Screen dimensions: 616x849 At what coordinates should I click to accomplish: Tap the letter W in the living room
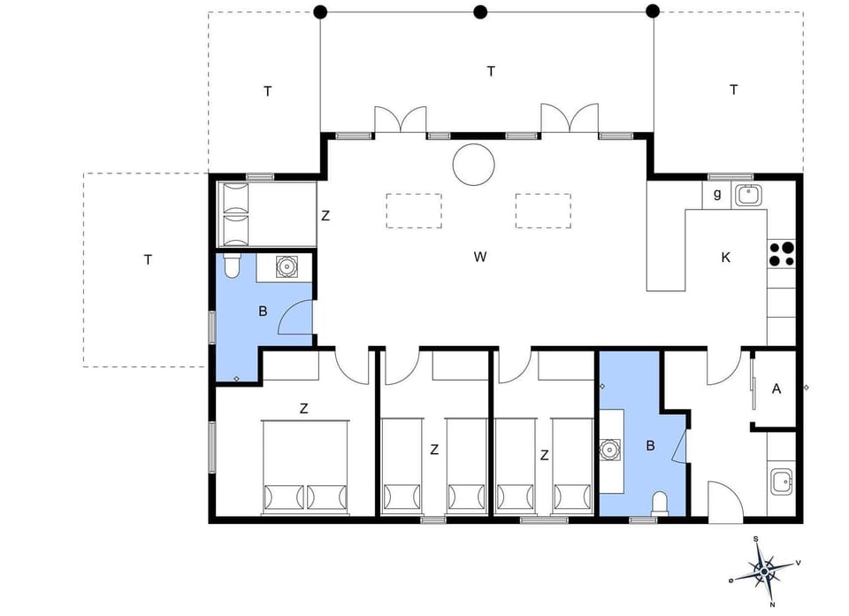[x=480, y=258]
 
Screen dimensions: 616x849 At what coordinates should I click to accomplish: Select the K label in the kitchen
[x=725, y=258]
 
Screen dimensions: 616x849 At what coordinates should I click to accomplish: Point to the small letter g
[x=717, y=193]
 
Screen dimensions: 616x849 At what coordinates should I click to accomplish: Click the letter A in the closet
[x=776, y=388]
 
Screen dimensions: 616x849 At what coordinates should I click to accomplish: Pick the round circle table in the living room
[x=473, y=165]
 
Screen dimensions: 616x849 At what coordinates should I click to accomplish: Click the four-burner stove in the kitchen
[x=781, y=254]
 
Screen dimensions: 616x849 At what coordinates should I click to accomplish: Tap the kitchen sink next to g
[x=749, y=195]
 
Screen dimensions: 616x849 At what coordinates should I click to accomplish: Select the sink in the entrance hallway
[x=781, y=482]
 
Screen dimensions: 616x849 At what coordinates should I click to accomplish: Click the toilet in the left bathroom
[x=232, y=266]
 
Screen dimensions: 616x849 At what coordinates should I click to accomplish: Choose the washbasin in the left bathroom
[x=287, y=266]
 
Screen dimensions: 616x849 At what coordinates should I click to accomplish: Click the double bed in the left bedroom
[x=305, y=467]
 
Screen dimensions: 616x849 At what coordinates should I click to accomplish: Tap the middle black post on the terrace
[x=480, y=12]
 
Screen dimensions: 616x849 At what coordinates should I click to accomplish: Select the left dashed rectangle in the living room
[x=414, y=211]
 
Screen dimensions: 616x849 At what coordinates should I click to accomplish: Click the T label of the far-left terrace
[x=148, y=259]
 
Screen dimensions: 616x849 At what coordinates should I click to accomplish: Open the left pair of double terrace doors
[x=400, y=120]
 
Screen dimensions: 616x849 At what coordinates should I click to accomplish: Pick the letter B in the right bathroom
[x=650, y=446]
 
